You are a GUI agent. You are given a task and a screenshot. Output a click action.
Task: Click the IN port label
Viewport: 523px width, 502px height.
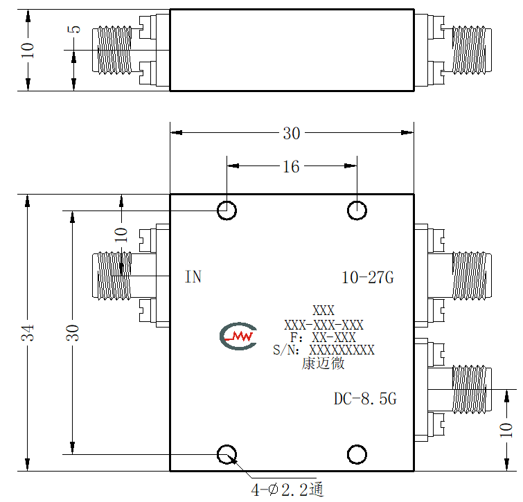coord(193,277)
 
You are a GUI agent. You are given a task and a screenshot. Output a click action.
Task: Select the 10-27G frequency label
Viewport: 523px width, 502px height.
coord(368,278)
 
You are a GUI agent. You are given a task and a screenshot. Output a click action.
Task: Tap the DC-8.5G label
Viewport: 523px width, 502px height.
coord(365,399)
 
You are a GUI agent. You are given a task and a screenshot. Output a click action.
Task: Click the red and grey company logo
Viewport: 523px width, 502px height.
coord(238,336)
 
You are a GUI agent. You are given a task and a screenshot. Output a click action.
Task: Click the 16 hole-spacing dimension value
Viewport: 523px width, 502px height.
coord(291,166)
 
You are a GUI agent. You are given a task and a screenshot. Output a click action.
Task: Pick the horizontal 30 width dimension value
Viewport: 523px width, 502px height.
coord(292,134)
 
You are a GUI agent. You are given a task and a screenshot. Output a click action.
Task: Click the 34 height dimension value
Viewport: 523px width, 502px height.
coord(28,332)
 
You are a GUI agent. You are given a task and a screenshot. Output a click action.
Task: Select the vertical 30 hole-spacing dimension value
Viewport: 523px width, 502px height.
coord(72,332)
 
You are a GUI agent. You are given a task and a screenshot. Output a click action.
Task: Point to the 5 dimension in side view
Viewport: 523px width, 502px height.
coord(74,29)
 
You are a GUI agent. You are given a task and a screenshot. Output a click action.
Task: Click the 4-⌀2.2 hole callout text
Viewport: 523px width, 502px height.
coord(287,490)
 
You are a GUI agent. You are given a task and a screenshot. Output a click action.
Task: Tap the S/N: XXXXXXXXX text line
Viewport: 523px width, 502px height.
coord(323,350)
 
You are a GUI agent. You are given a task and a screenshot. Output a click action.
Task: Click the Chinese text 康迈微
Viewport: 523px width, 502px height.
coord(323,364)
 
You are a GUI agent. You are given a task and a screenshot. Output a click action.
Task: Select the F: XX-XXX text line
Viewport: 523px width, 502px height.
coord(323,338)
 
